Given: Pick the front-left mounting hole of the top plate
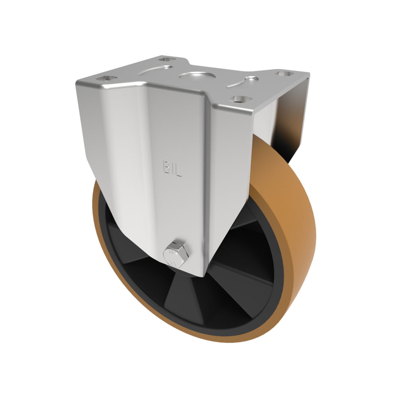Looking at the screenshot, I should (x=108, y=78).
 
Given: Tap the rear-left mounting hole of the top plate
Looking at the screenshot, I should (x=167, y=60).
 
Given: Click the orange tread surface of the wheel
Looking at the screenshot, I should (x=291, y=207).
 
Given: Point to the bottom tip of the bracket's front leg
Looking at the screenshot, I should (x=199, y=275).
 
